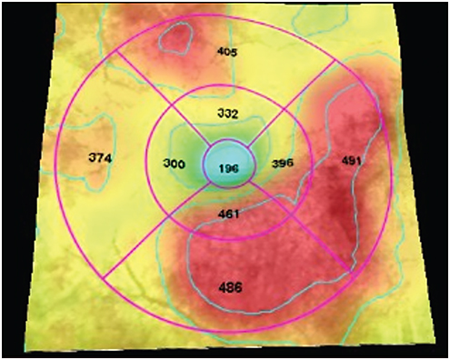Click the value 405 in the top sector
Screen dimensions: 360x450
click(x=228, y=53)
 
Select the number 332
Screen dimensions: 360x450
click(x=229, y=112)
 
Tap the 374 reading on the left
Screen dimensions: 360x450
click(x=100, y=158)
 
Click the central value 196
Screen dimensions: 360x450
click(x=228, y=169)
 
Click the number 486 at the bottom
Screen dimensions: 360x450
click(x=232, y=287)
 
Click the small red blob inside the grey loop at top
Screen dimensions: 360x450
click(x=175, y=36)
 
